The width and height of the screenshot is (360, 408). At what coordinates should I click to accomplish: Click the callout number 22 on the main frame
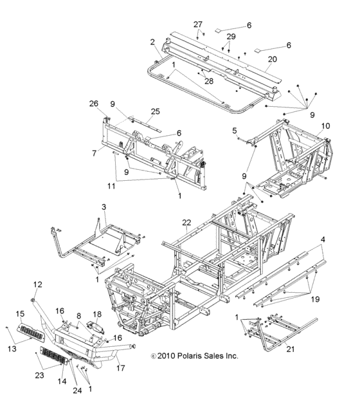(186, 223)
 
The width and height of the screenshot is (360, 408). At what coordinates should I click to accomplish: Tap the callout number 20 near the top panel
(272, 59)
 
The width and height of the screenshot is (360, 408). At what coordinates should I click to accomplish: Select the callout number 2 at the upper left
(152, 42)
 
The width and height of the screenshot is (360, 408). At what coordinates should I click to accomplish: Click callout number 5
(235, 130)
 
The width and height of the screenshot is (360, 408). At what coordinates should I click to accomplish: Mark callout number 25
(154, 111)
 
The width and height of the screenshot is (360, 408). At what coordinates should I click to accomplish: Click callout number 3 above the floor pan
(103, 207)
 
